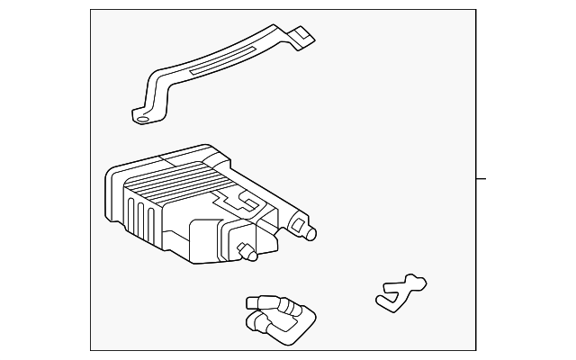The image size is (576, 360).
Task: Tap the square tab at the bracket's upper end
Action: point(305,38)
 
